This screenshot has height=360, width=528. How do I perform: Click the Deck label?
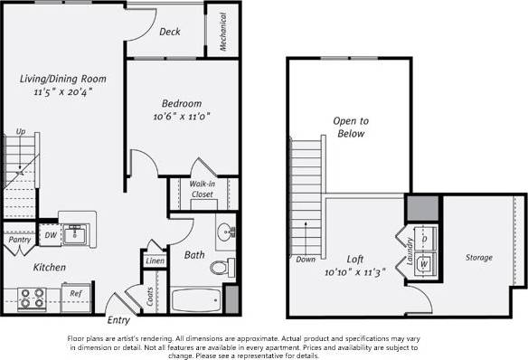tap(170, 32)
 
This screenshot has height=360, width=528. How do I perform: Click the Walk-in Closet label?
tap(202, 188)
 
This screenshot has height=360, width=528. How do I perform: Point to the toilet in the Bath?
tap(221, 266)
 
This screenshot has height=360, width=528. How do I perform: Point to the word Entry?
tap(118, 319)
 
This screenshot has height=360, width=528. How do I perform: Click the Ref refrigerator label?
tap(77, 293)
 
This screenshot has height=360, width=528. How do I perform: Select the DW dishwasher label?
tap(51, 235)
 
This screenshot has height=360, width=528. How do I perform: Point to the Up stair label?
tap(20, 132)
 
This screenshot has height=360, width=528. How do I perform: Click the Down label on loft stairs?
tap(306, 260)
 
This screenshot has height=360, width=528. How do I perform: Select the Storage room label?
tap(478, 258)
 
